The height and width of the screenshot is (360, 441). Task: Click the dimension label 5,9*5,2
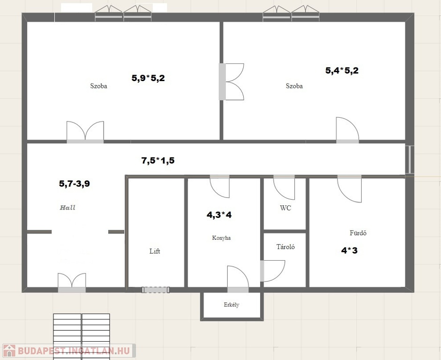148,78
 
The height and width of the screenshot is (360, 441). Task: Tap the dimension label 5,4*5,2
342,70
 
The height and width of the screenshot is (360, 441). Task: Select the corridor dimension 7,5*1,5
158,161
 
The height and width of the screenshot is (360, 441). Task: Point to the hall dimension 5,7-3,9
75,184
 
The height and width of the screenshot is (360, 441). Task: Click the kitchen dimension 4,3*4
219,215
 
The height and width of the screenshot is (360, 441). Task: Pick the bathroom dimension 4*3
349,250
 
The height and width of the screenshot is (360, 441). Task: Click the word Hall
67,208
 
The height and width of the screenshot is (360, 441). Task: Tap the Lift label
155,251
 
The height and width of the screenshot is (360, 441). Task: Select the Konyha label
221,238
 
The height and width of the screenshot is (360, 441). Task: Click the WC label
285,208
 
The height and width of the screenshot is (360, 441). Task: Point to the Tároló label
285,247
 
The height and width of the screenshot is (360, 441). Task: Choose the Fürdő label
358,233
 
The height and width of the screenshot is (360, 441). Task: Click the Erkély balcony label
232,305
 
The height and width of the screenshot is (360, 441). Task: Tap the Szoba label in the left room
98,86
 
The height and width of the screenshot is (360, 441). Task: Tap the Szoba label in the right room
294,86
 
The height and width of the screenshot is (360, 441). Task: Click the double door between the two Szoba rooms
231,82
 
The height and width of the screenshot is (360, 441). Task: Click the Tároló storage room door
272,271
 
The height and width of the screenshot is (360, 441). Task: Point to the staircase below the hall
82,337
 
